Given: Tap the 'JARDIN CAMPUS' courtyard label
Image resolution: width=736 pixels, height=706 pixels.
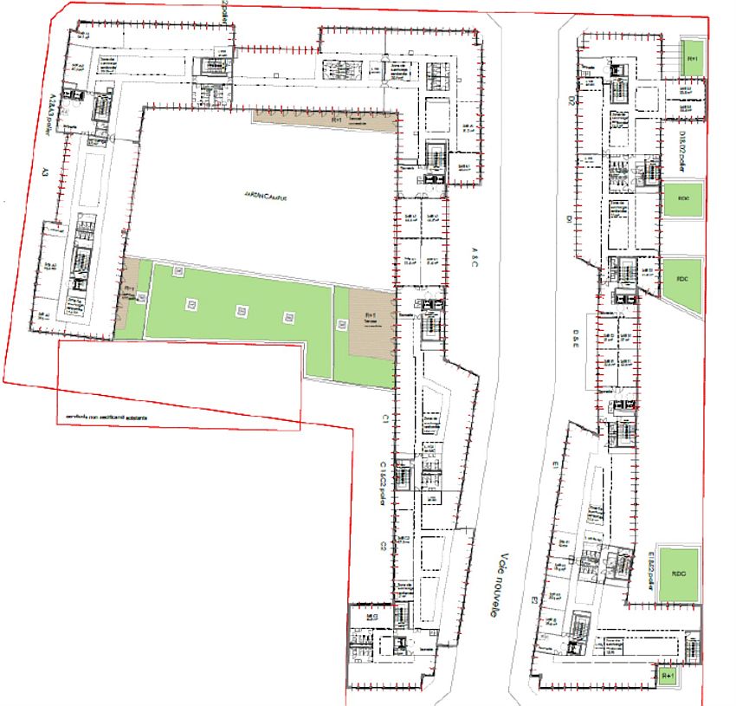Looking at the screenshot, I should click(264, 197).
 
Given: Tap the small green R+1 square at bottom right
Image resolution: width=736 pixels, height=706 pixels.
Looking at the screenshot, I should click(667, 675).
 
